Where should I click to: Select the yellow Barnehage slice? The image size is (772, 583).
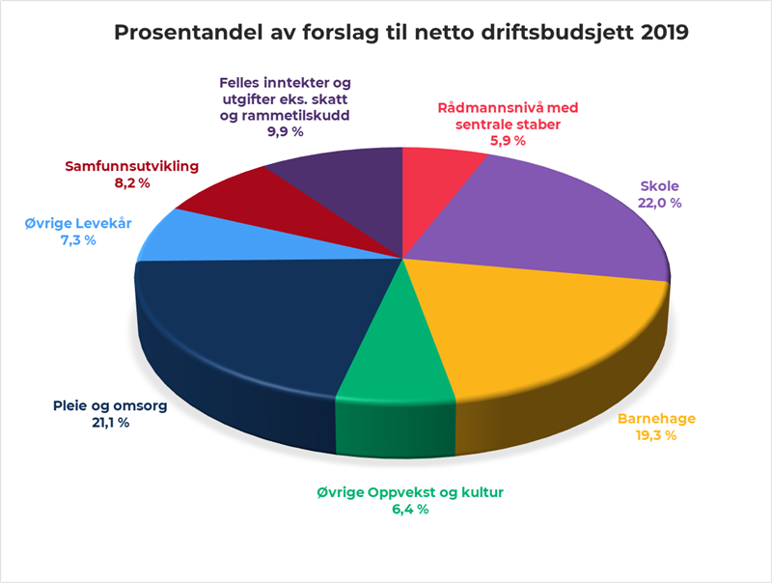click(540, 328)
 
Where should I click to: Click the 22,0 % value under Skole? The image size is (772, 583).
click(660, 203)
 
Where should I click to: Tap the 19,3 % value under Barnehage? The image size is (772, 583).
click(656, 436)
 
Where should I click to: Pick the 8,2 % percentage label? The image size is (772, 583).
click(131, 182)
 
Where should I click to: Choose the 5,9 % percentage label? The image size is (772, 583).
click(507, 141)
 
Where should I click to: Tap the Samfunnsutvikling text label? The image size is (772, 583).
click(131, 166)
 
